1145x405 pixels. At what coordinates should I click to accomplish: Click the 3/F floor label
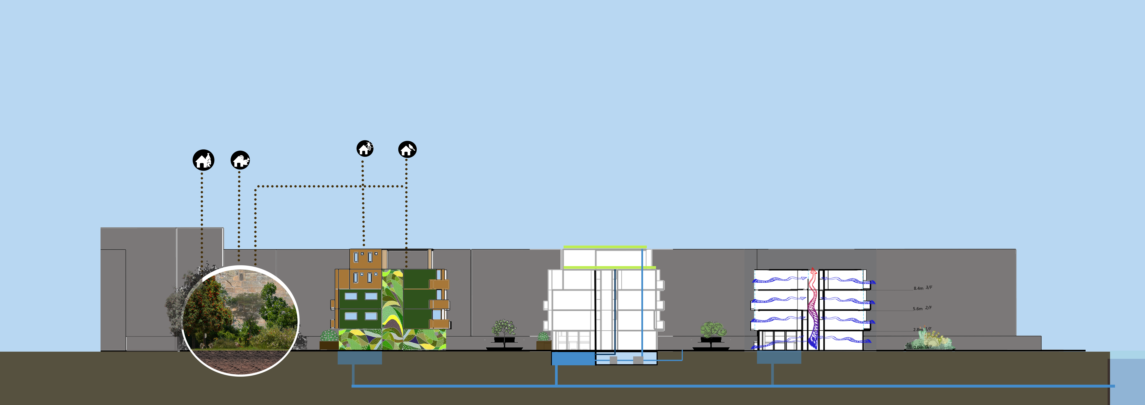(x=929, y=288)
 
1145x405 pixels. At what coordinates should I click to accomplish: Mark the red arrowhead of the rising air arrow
(x=813, y=270)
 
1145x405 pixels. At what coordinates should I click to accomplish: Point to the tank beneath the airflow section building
(x=779, y=357)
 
